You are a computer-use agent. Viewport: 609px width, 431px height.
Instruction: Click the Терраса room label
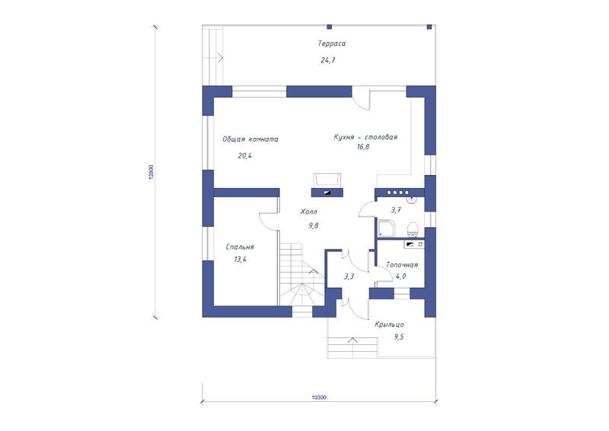(332, 43)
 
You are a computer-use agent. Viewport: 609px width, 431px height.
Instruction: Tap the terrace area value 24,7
(328, 60)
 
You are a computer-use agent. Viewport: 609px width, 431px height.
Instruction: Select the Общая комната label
(250, 139)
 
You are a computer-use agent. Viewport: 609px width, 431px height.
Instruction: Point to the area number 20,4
(244, 156)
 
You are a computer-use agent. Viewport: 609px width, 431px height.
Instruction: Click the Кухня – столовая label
(365, 137)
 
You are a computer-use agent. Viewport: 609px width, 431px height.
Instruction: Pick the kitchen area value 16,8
(363, 147)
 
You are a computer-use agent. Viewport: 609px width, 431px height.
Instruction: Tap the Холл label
(309, 212)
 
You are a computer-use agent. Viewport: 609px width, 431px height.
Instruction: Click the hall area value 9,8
(314, 225)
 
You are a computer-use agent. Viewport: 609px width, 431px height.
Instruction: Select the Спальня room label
(240, 247)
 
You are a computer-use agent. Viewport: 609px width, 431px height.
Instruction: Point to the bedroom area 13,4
(240, 260)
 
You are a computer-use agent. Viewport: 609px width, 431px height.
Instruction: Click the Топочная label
(402, 265)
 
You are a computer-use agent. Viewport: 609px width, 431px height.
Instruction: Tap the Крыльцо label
(389, 324)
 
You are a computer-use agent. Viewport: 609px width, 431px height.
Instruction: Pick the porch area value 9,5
(399, 337)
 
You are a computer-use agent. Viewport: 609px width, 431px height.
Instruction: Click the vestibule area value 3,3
(349, 276)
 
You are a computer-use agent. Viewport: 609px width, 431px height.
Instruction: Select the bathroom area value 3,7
(396, 210)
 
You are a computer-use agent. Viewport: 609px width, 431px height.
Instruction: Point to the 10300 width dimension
(318, 397)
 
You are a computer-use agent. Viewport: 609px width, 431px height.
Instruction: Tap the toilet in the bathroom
(412, 229)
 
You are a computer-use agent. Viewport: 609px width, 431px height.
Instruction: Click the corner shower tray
(386, 228)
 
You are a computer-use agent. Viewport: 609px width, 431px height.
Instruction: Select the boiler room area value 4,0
(401, 276)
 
